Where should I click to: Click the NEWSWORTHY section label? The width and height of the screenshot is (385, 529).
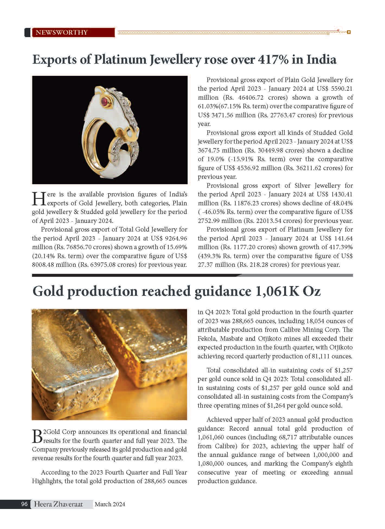pyautogui.click(x=62, y=33)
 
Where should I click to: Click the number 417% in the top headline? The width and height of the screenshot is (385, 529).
pyautogui.click(x=271, y=60)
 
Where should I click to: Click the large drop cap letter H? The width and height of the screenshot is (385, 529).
pyautogui.click(x=39, y=199)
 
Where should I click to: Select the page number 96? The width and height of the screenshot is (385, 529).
pyautogui.click(x=24, y=504)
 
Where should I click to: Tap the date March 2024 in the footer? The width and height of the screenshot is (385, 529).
pyautogui.click(x=110, y=504)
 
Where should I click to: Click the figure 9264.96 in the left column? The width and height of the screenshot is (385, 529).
pyautogui.click(x=176, y=239)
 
